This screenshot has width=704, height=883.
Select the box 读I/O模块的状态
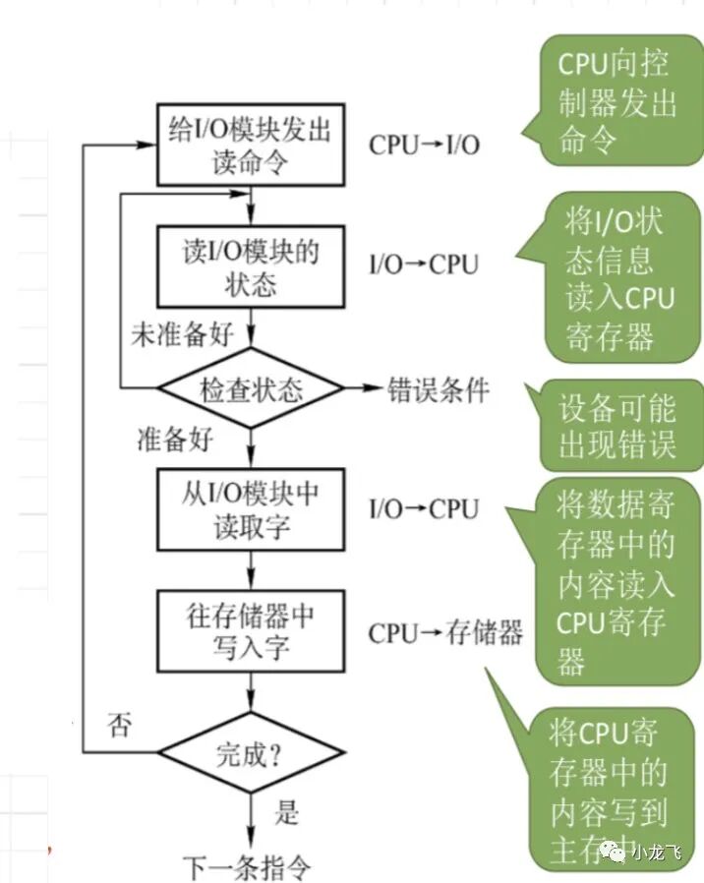(x=252, y=265)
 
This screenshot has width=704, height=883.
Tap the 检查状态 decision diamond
(x=252, y=388)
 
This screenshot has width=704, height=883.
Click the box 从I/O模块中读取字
(x=252, y=509)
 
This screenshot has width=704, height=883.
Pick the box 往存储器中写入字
(x=252, y=630)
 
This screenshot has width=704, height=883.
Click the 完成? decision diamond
(x=252, y=754)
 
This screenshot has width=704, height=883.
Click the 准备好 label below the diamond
(x=174, y=440)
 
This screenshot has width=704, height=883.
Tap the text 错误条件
(x=439, y=389)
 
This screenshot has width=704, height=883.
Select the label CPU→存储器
(x=445, y=632)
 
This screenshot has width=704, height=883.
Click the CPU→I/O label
(x=425, y=145)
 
